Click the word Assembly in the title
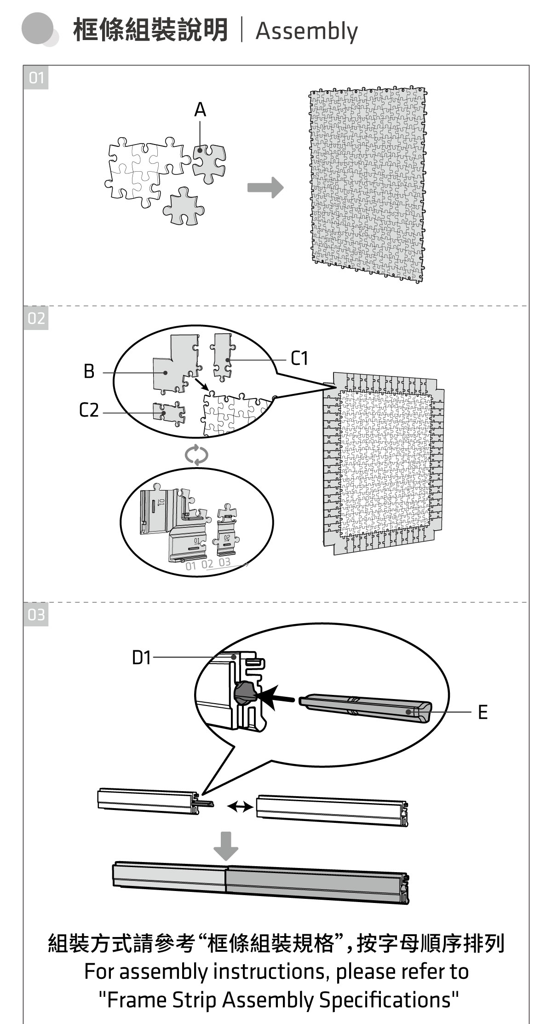pyautogui.click(x=306, y=31)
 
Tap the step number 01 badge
pyautogui.click(x=36, y=78)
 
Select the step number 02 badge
pyautogui.click(x=36, y=318)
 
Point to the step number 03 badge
pyautogui.click(x=36, y=614)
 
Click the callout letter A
pyautogui.click(x=200, y=110)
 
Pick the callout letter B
pyautogui.click(x=89, y=371)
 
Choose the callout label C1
pyautogui.click(x=299, y=358)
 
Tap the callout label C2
pyautogui.click(x=89, y=410)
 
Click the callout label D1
pyautogui.click(x=141, y=658)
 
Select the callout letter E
pyautogui.click(x=483, y=712)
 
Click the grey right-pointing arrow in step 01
pyautogui.click(x=265, y=187)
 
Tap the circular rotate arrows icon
pyautogui.click(x=196, y=455)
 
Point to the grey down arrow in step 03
pyautogui.click(x=226, y=845)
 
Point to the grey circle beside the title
pyautogui.click(x=38, y=29)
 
